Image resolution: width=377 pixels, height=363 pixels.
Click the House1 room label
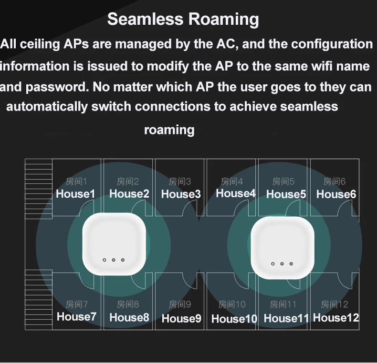75,194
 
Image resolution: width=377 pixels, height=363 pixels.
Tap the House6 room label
336,194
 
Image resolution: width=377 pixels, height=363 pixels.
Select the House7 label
76,317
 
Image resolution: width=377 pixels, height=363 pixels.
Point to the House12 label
336,318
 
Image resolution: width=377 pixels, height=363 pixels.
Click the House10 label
234,319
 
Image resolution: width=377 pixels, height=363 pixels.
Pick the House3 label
181,194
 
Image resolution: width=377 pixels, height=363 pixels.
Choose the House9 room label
181,319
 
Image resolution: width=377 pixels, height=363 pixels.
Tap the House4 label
236,193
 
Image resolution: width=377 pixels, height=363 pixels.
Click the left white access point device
114,243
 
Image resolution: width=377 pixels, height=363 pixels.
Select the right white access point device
283,247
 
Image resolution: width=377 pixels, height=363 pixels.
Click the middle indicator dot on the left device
114,260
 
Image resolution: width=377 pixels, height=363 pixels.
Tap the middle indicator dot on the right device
282,263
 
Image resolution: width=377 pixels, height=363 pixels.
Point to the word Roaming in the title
223,20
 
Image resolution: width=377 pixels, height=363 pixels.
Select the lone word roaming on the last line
169,130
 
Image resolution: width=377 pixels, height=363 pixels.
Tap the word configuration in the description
332,44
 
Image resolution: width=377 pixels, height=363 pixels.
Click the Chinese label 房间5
283,181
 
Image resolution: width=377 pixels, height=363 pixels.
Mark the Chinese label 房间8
128,304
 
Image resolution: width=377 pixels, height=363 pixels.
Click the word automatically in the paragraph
47,106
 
